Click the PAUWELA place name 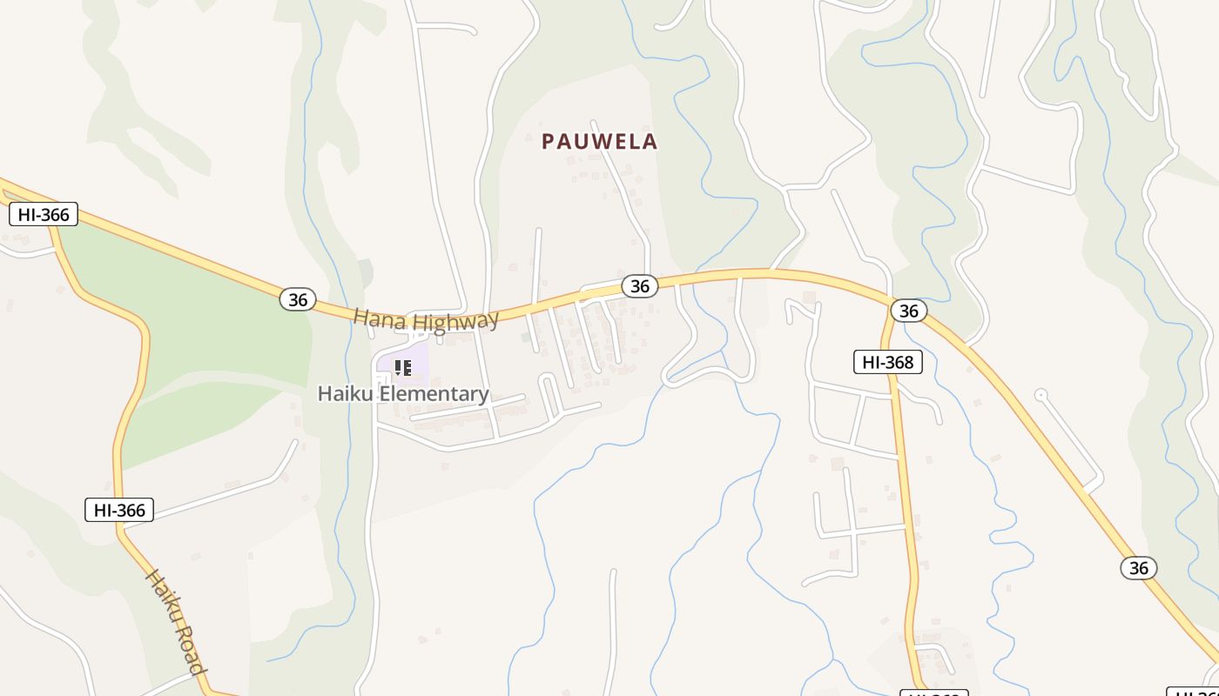tap(599, 141)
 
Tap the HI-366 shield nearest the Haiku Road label tap(119, 510)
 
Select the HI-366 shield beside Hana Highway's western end tap(44, 214)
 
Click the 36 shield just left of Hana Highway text tap(298, 299)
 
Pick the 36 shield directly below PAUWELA tap(639, 285)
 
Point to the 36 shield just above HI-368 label tap(908, 311)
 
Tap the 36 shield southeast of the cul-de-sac tap(1138, 568)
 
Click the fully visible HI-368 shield tap(887, 362)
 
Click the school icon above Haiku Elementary tap(402, 367)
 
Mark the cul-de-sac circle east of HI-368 tap(1041, 395)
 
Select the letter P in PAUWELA tap(549, 141)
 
